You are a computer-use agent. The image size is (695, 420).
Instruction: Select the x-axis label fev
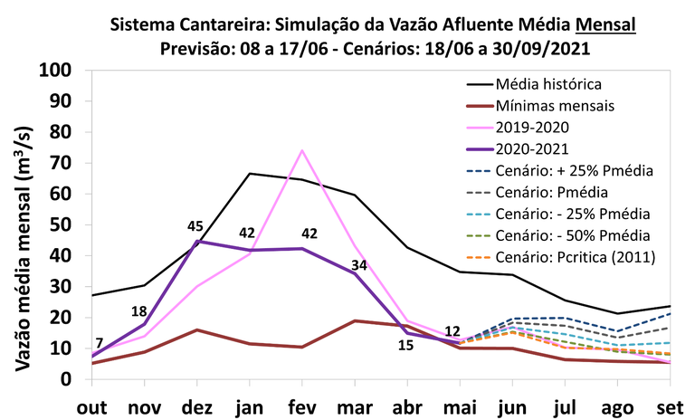(x=301, y=406)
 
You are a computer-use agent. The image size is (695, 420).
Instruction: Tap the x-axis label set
(x=668, y=406)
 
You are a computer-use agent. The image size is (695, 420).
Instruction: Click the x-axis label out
(x=91, y=406)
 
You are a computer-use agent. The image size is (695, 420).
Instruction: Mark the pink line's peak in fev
(x=301, y=150)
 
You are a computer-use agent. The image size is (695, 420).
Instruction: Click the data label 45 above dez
(x=195, y=226)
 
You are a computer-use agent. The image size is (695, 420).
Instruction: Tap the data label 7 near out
(x=100, y=342)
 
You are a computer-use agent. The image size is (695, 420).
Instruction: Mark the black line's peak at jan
(x=250, y=173)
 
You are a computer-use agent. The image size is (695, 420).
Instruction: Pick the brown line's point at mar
(x=354, y=320)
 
